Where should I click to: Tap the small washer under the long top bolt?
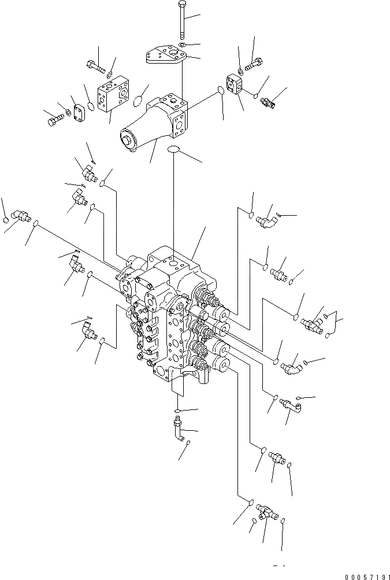[x=181, y=45]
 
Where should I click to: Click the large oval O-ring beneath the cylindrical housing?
[x=174, y=150]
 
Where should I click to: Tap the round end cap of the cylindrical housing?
[x=127, y=141]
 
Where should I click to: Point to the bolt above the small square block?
[x=254, y=65]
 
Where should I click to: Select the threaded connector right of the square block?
[x=269, y=102]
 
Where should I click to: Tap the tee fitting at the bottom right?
[x=266, y=509]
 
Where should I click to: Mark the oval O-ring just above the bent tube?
[x=178, y=411]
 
